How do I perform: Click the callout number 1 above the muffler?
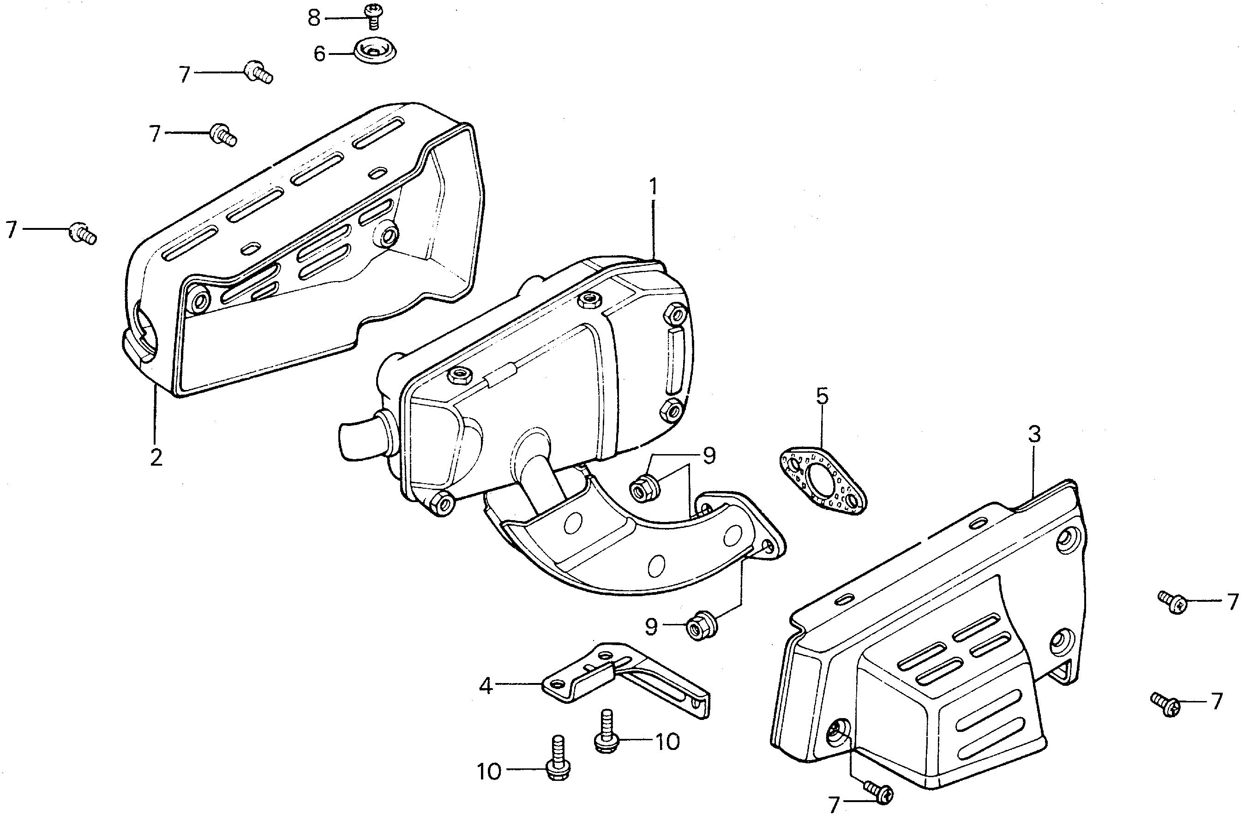point(653,187)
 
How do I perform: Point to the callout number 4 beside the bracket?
point(486,686)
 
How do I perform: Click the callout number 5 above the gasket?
point(822,396)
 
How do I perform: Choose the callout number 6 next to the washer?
point(319,54)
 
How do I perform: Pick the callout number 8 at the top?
point(313,18)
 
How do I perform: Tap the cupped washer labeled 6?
point(375,51)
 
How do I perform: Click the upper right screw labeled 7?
point(1172,603)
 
